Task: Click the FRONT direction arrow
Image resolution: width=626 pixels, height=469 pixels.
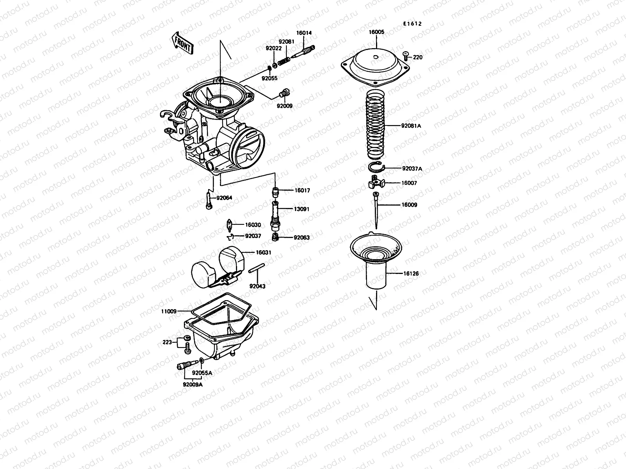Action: (183, 43)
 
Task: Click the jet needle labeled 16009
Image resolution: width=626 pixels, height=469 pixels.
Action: (376, 209)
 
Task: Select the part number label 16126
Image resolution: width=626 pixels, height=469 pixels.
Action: (411, 274)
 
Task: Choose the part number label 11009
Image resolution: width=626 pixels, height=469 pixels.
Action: (169, 311)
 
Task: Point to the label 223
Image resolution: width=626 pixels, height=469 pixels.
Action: (167, 342)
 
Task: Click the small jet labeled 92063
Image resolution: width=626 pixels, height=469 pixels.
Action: (276, 236)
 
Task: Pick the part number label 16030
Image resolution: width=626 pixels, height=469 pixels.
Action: (253, 225)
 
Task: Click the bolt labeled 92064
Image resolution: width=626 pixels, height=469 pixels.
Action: (209, 202)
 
